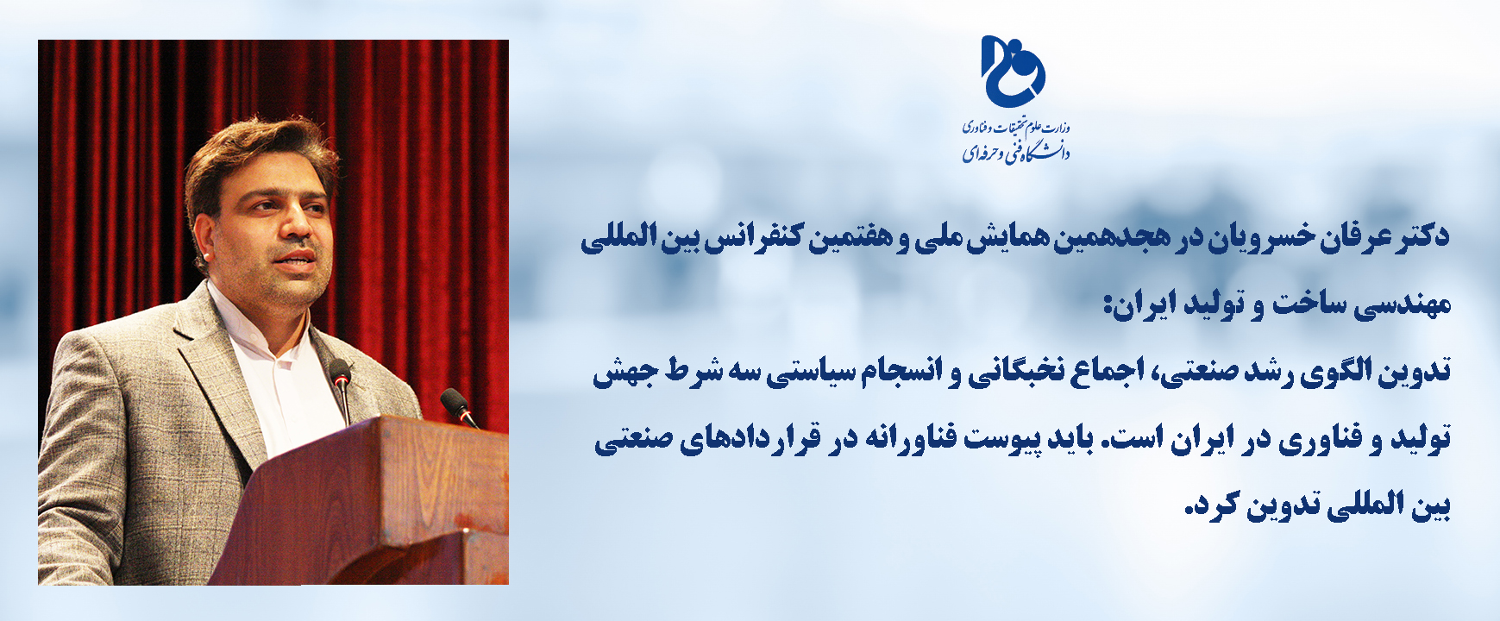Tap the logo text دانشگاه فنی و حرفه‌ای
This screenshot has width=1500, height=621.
pyautogui.click(x=1016, y=153)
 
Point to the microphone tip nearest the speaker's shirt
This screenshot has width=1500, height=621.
pyautogui.click(x=340, y=372)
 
